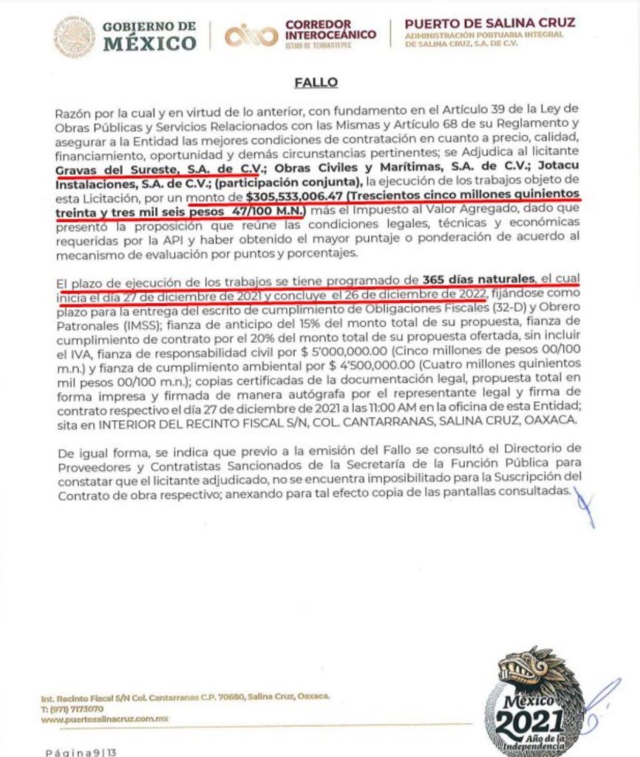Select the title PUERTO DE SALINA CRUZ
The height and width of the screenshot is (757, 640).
(490, 22)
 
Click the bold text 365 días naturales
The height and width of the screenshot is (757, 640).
(478, 279)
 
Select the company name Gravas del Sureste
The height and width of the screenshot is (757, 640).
(109, 168)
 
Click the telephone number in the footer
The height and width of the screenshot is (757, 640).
(72, 708)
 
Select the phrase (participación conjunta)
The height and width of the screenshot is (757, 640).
(296, 182)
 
